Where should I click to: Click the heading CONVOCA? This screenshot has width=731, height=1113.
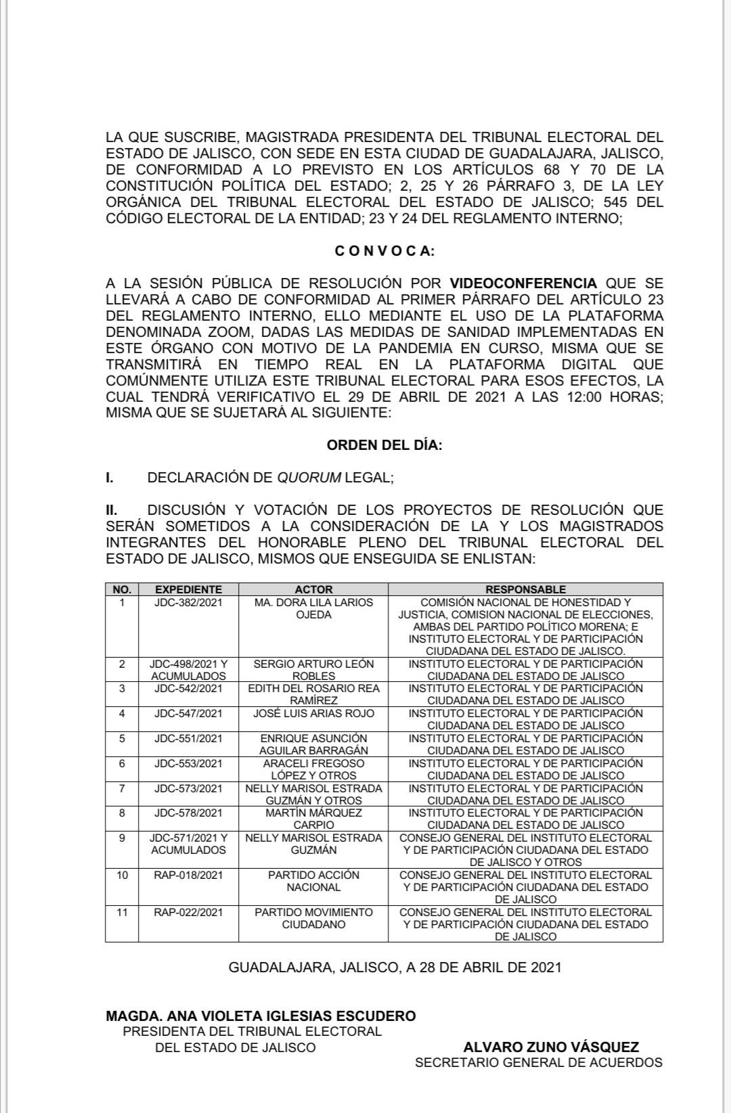click(x=384, y=251)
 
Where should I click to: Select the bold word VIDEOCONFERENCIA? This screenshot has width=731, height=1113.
click(x=523, y=283)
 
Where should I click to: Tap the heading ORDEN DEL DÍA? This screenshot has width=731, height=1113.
click(x=384, y=445)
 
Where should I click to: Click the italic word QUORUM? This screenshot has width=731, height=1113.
click(x=309, y=478)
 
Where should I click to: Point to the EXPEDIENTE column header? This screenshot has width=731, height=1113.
click(x=188, y=589)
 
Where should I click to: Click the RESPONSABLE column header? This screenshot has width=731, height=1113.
click(x=525, y=589)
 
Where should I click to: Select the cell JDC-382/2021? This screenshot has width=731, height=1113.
click(x=188, y=602)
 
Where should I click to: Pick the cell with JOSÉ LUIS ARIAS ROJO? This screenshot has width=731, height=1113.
click(x=313, y=714)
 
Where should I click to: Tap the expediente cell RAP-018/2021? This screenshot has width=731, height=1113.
click(x=188, y=876)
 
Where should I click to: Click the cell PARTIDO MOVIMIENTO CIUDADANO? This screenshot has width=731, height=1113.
click(x=313, y=918)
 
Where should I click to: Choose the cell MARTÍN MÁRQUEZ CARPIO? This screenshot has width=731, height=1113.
click(x=313, y=819)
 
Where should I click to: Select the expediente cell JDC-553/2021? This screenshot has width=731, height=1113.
click(x=188, y=764)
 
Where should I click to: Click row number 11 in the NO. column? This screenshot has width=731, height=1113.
click(x=122, y=913)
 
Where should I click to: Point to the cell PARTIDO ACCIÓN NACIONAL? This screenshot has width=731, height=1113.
click(x=313, y=881)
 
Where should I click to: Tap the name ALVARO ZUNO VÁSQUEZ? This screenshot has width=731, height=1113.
click(x=551, y=1047)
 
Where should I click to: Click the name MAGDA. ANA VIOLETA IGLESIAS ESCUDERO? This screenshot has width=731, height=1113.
click(x=261, y=1016)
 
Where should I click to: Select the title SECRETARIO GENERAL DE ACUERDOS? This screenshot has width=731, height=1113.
click(x=539, y=1063)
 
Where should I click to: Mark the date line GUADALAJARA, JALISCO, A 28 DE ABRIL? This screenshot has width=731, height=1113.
click(x=395, y=968)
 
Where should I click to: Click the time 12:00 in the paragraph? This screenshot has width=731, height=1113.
click(x=583, y=397)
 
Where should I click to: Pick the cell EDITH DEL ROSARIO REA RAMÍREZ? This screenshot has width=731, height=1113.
click(x=313, y=694)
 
